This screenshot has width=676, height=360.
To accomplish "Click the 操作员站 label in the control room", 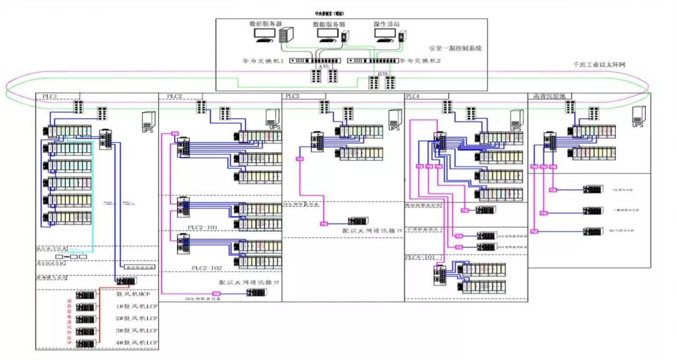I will (386, 24).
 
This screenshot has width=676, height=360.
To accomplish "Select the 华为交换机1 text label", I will (260, 61).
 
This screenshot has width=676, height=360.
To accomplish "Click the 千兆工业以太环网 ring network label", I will (599, 64).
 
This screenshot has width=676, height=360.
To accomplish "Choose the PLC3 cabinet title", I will (292, 96).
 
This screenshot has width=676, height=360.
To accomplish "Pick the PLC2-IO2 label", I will (207, 268).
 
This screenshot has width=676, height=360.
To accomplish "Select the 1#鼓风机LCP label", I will (136, 307).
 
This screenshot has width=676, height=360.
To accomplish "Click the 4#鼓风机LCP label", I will (136, 343).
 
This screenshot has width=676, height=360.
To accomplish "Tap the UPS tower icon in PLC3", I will (394, 118).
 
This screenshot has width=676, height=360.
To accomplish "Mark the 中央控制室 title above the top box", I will (329, 13).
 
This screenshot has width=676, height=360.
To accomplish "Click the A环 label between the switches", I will (324, 65).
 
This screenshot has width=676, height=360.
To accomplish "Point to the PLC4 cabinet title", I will (413, 96).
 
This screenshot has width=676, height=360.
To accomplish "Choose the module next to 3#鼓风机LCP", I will (85, 331).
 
